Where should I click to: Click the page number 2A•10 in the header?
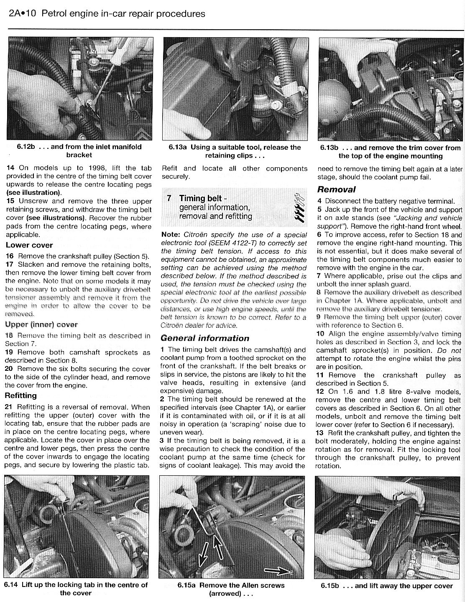tap(22, 14)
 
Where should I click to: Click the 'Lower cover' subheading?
tap(29, 245)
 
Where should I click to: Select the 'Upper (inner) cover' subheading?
tap(41, 324)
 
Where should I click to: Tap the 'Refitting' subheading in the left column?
tap(21, 395)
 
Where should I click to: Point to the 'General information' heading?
tap(205, 338)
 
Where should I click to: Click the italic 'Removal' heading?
tap(337, 189)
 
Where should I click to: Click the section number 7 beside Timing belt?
tap(169, 199)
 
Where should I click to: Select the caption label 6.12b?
tap(26, 147)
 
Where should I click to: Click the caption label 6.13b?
tap(330, 148)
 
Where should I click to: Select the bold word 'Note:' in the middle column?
tap(171, 235)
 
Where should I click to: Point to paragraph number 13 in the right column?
tap(320, 433)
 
